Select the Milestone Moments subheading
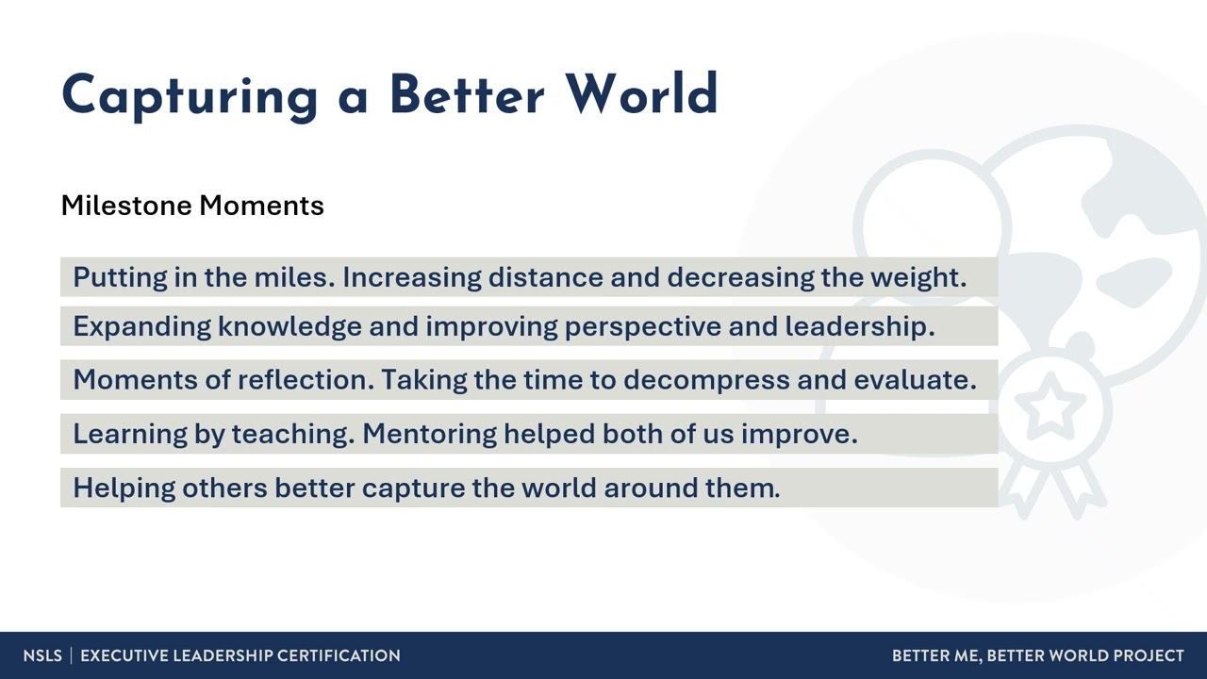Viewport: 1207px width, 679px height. [x=192, y=206]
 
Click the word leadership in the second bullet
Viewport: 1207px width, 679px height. [x=859, y=326]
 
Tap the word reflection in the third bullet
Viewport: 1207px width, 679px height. [x=306, y=380]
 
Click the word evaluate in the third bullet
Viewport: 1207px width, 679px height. [x=914, y=380]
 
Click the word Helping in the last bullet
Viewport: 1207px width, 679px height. [x=124, y=488]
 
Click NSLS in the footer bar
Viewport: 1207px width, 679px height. [x=42, y=655]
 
